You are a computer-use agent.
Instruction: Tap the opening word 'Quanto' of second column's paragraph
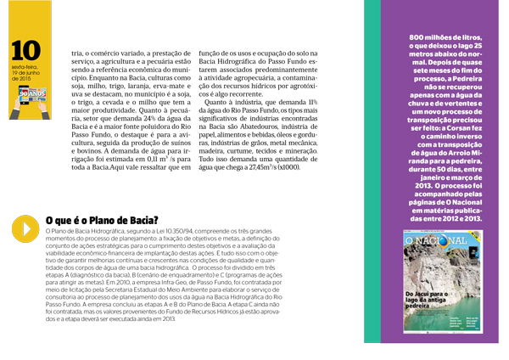(220, 102)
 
